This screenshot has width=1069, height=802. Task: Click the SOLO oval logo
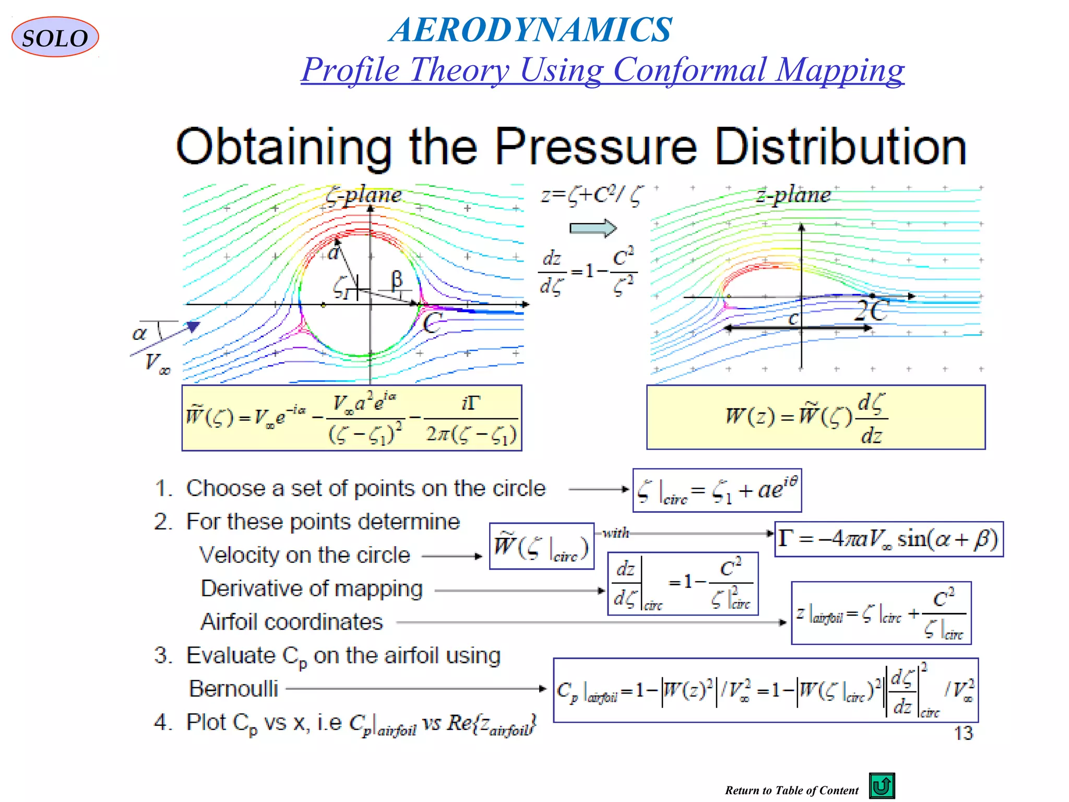pos(55,37)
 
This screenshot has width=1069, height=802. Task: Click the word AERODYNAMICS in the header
pos(531,29)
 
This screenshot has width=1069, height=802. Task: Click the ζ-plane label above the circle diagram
pos(364,195)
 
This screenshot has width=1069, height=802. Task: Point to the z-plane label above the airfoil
pos(793,195)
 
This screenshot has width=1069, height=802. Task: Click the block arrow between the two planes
pos(593,228)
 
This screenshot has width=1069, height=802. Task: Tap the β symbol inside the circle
pos(397,279)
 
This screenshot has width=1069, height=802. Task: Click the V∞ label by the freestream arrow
pos(157,362)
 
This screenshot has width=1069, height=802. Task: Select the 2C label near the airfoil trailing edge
pos(871,312)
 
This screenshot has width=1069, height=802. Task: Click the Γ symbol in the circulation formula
pos(785,538)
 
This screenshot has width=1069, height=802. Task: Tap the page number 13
pos(963,734)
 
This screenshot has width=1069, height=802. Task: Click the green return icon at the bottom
pos(882,786)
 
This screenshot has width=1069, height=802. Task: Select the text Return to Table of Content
pos(791,791)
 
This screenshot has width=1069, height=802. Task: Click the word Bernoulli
pos(233,689)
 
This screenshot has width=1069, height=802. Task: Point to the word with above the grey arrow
pos(616,533)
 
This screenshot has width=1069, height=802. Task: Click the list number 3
pos(163,655)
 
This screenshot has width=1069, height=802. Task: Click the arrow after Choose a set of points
pos(599,489)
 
